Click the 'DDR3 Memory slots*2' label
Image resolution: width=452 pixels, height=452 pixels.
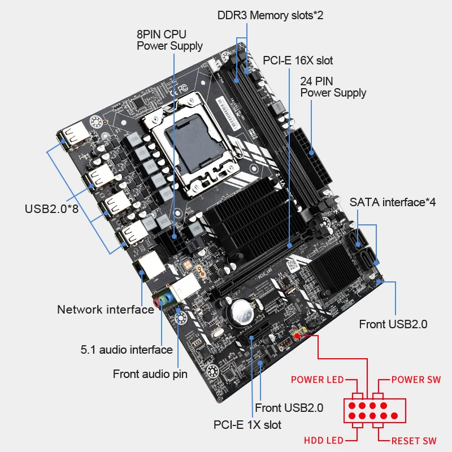click(x=270, y=15)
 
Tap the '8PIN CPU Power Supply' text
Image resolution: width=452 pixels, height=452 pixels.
click(x=169, y=40)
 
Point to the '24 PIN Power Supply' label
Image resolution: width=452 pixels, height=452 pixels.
click(x=333, y=86)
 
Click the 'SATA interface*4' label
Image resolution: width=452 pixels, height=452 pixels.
click(x=392, y=202)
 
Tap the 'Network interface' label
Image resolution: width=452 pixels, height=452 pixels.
click(x=105, y=309)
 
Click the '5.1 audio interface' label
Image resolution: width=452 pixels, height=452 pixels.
click(x=126, y=350)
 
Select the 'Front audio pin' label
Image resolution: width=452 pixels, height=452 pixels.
click(x=150, y=373)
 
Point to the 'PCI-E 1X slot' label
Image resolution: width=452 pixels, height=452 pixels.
click(x=247, y=424)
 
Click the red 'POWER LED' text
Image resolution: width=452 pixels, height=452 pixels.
click(x=317, y=380)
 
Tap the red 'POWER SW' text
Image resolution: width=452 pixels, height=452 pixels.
click(x=416, y=380)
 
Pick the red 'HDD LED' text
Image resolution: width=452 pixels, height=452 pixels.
click(x=324, y=440)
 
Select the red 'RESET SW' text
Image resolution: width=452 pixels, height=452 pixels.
click(x=414, y=440)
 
